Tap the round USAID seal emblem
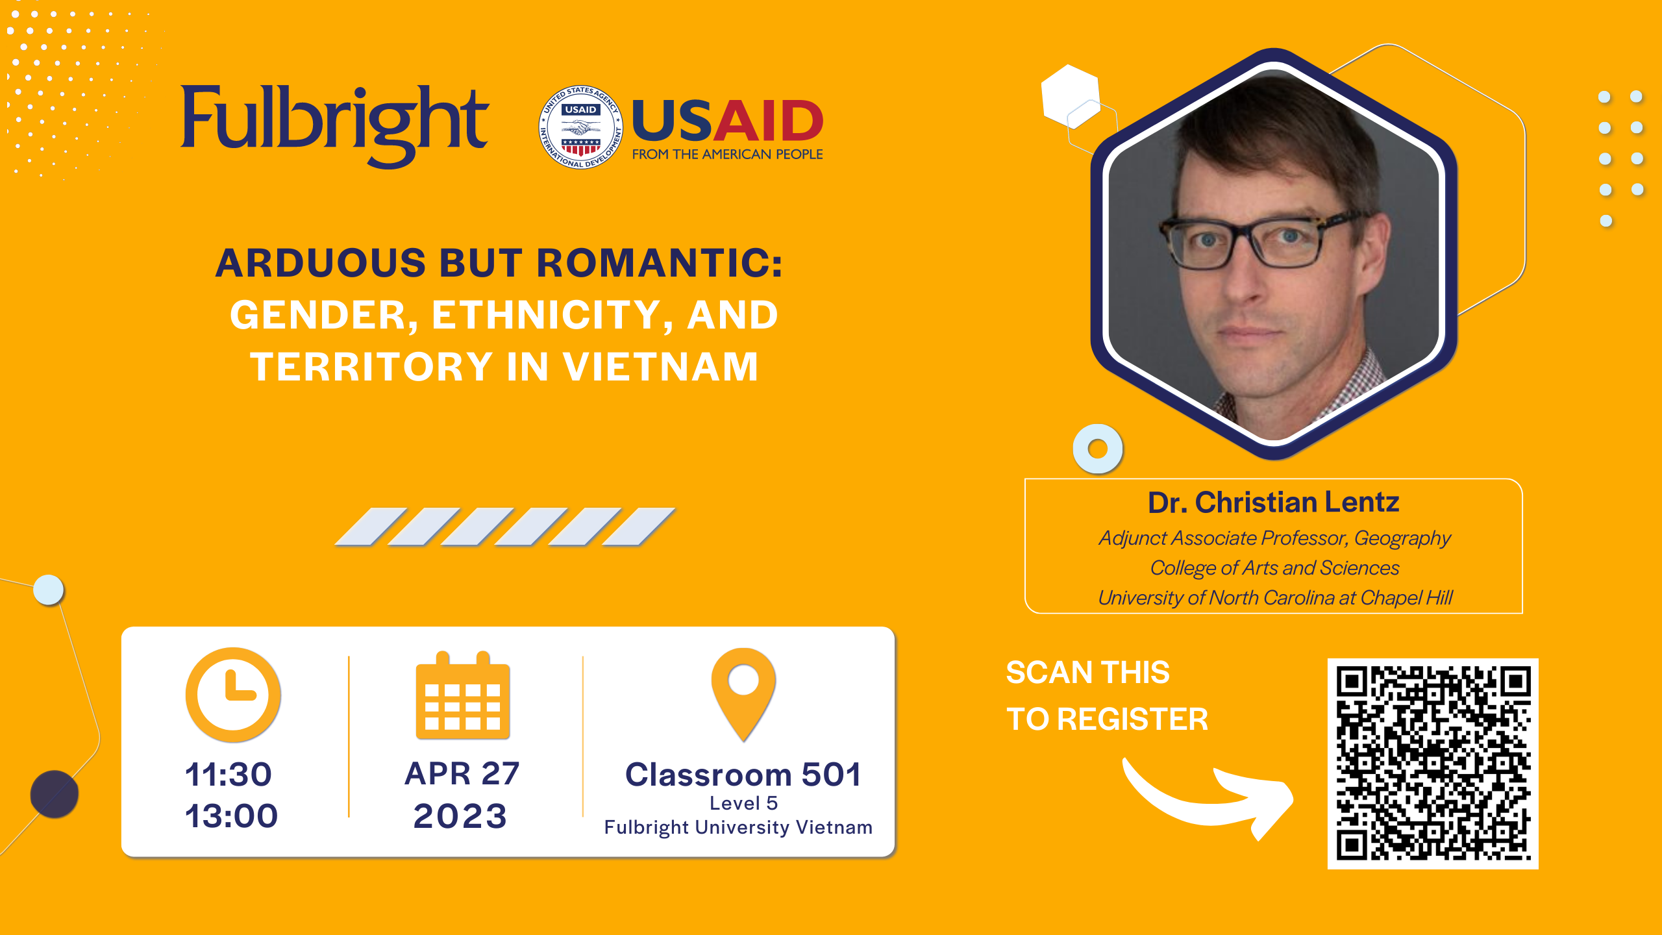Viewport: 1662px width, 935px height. (x=581, y=127)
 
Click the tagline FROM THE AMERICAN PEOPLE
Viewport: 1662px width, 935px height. (x=728, y=155)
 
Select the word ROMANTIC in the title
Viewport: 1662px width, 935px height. (x=660, y=263)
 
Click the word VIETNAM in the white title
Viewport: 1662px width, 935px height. (x=660, y=367)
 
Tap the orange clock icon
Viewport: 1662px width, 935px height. (x=233, y=694)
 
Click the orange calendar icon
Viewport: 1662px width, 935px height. (x=463, y=695)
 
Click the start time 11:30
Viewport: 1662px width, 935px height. (x=229, y=775)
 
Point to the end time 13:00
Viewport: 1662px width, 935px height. (x=232, y=816)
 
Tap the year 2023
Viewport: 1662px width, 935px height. (x=460, y=816)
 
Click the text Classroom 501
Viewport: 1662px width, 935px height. (x=743, y=775)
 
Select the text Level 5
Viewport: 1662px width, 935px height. (x=743, y=803)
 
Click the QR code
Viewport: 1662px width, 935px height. (x=1433, y=764)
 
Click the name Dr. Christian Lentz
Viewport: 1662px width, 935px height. (x=1273, y=503)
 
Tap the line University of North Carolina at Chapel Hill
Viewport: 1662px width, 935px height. (x=1275, y=598)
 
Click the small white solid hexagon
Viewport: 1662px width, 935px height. (x=1071, y=95)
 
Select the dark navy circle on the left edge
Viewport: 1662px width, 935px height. (x=55, y=794)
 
